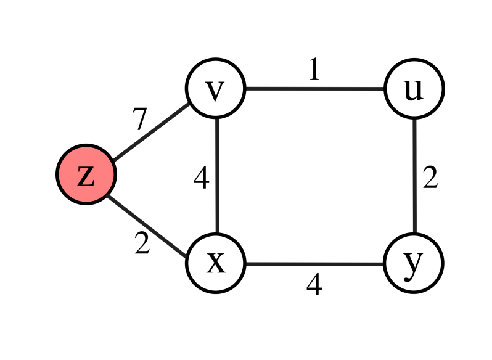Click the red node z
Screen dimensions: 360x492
(86, 175)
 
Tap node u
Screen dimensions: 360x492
(414, 89)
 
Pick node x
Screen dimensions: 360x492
(216, 263)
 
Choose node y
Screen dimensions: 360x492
(414, 263)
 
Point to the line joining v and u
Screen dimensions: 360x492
(314, 89)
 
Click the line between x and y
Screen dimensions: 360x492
(314, 264)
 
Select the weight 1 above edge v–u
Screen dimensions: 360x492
(314, 70)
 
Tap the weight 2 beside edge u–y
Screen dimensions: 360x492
(430, 178)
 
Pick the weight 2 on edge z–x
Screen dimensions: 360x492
(142, 245)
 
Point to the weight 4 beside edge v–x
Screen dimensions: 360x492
(201, 179)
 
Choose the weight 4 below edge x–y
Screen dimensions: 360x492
(314, 285)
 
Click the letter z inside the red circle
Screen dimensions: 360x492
(86, 176)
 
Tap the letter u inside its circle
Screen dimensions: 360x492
(414, 90)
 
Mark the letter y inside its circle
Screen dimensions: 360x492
(414, 264)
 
